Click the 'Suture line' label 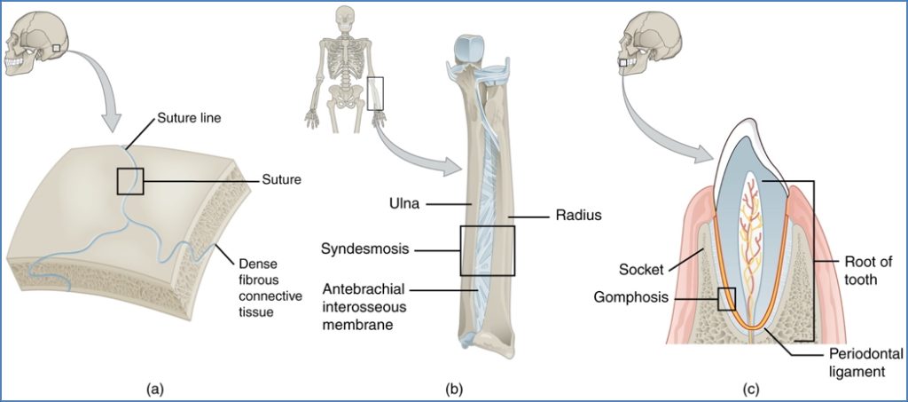190,117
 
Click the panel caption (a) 154,387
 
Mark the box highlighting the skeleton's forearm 376,93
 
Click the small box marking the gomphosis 726,298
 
